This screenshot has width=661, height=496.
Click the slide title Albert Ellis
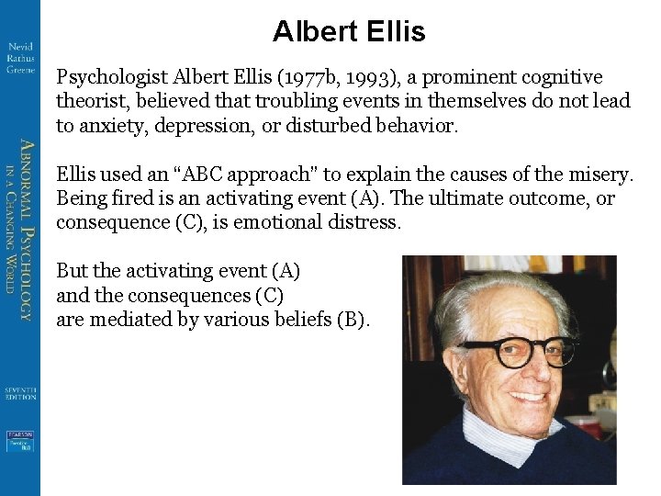349,33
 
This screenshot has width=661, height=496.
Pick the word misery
603,174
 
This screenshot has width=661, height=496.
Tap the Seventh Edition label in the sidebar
19,392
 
